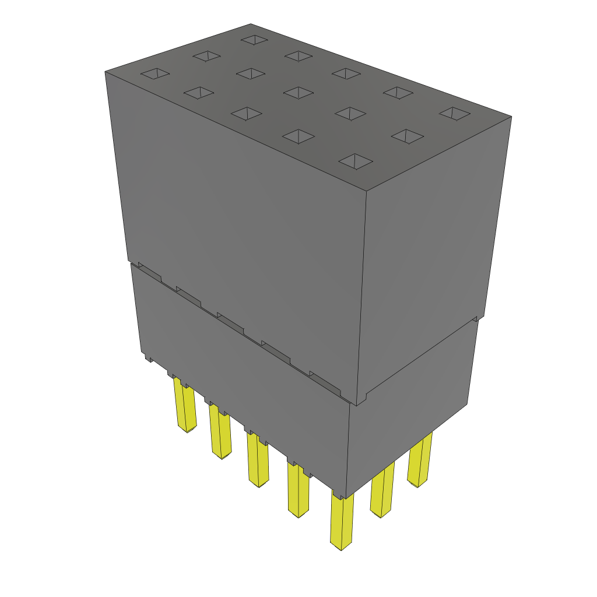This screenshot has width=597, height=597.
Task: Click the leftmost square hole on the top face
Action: (156, 73)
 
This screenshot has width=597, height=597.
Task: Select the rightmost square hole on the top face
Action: (454, 113)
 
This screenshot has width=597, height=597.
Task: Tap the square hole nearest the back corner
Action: (254, 40)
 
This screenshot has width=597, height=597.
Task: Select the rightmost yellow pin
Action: (420, 461)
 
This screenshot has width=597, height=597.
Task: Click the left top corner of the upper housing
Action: (106, 72)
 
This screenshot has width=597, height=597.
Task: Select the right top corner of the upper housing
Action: (511, 117)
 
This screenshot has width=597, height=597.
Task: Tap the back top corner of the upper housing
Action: (251, 24)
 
